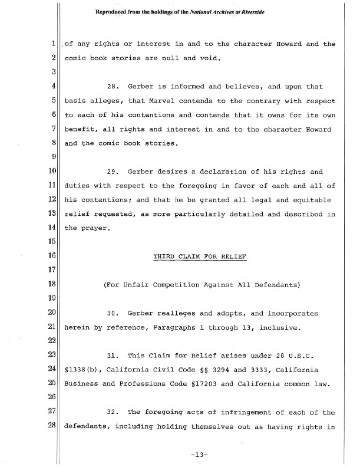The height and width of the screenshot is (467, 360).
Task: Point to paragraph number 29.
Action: click(113, 172)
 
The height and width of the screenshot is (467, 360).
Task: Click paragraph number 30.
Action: click(113, 313)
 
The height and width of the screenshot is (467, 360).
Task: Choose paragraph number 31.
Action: click(113, 356)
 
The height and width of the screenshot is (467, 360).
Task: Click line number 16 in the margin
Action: click(52, 256)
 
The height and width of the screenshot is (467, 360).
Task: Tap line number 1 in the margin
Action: click(54, 44)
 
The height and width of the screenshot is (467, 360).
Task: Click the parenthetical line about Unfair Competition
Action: click(201, 285)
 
